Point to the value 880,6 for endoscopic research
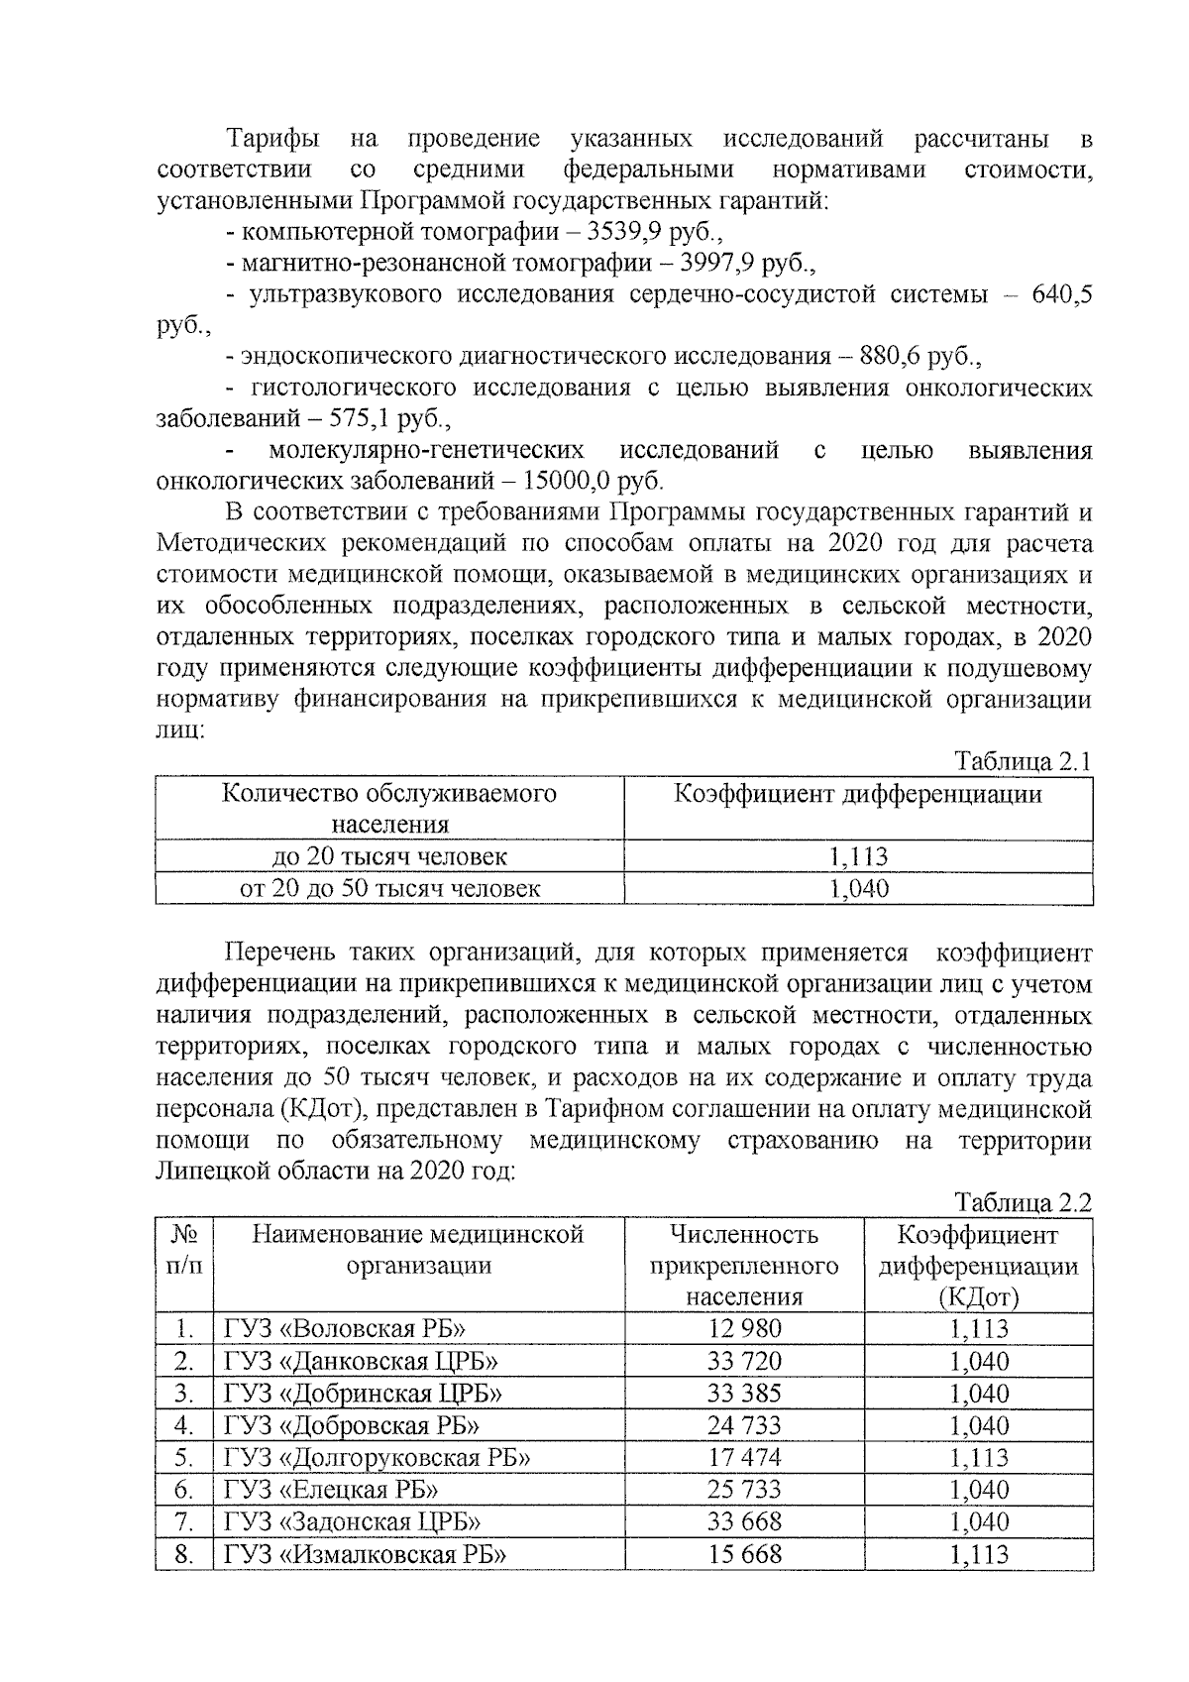point(877,356)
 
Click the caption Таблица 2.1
point(1023,762)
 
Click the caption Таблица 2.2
point(1023,1202)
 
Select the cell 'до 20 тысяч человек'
point(389,856)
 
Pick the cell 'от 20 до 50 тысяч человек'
point(389,888)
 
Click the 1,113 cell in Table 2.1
point(858,856)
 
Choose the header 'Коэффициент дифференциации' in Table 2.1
point(858,795)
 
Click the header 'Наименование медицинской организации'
point(418,1250)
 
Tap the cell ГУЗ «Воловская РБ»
point(345,1329)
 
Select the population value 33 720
point(744,1362)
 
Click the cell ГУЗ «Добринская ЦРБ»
point(363,1394)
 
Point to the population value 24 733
point(744,1425)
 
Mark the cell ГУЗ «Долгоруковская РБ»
point(378,1458)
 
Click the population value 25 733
point(744,1490)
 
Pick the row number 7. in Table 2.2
point(182,1522)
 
